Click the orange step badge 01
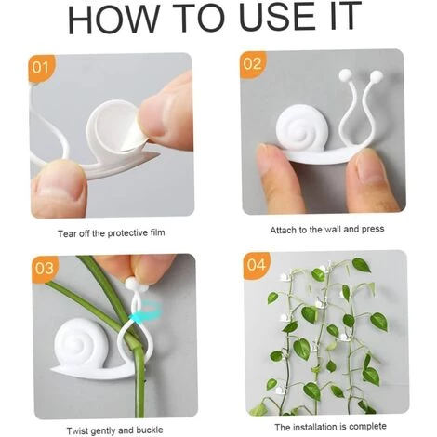41,67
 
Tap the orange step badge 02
254,64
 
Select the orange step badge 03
46,269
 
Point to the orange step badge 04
257,266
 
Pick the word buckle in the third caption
150,430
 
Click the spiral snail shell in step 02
296,127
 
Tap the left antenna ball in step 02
345,74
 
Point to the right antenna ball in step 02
377,76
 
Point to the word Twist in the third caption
78,431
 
